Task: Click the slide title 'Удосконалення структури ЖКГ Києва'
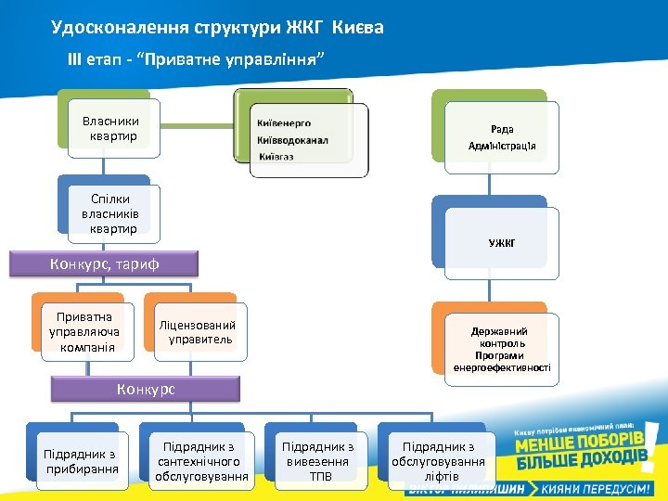[217, 28]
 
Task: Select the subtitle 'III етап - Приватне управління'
[197, 59]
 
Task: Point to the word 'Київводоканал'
[293, 140]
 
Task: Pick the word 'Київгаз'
[276, 157]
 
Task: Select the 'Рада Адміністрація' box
[502, 137]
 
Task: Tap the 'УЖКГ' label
[502, 243]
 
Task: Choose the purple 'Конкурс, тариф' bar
[104, 264]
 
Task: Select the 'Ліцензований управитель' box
[197, 331]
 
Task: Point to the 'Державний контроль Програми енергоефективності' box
[502, 349]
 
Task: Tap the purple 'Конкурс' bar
[146, 389]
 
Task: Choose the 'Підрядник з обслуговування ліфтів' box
[438, 461]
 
